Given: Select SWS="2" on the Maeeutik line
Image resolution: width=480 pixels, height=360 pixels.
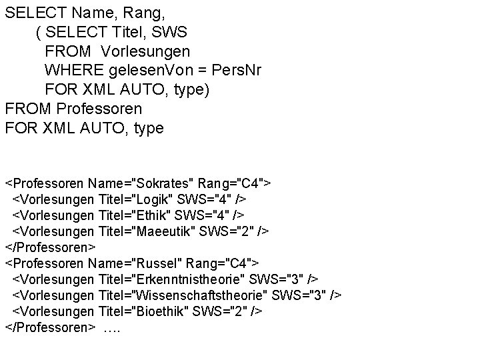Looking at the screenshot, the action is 234,231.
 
